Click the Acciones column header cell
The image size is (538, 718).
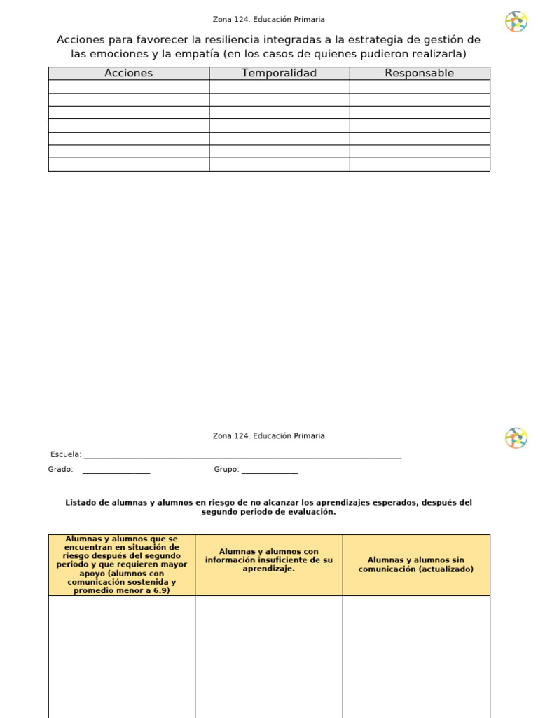[x=128, y=73]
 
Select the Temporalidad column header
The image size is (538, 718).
[x=279, y=73]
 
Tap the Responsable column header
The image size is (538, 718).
[x=419, y=73]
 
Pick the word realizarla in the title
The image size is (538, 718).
[x=439, y=54]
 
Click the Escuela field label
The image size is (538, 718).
[x=65, y=454]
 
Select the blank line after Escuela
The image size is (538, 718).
[x=242, y=456]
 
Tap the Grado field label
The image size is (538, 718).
[x=60, y=469]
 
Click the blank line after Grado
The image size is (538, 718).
[x=116, y=471]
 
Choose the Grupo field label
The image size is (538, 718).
[x=226, y=469]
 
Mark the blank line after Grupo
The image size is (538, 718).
[x=270, y=471]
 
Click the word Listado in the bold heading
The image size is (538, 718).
[x=79, y=502]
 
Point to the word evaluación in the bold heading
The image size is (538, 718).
[x=313, y=512]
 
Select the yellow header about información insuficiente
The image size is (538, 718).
[x=268, y=560]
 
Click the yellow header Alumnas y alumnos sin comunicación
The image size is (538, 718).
[x=415, y=564]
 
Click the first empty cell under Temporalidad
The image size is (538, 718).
[x=279, y=86]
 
